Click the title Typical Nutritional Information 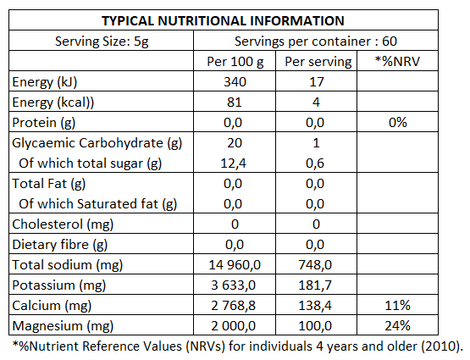tap(223, 20)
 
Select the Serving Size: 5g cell tap(102, 42)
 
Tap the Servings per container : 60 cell tap(316, 42)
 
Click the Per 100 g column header tap(235, 62)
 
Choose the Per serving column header tap(318, 62)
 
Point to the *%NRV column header tap(397, 62)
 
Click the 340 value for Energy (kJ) tap(235, 82)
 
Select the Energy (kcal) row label tap(53, 102)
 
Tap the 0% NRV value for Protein tap(398, 123)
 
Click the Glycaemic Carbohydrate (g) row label tap(97, 143)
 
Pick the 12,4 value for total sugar tap(233, 163)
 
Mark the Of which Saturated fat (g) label tap(97, 204)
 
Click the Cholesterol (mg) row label tap(63, 224)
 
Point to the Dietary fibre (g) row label tap(59, 245)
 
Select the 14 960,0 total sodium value tap(235, 265)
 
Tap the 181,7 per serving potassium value tap(315, 285)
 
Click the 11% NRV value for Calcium tap(397, 306)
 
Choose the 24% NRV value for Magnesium tap(397, 326)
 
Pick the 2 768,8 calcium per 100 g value tap(233, 306)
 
